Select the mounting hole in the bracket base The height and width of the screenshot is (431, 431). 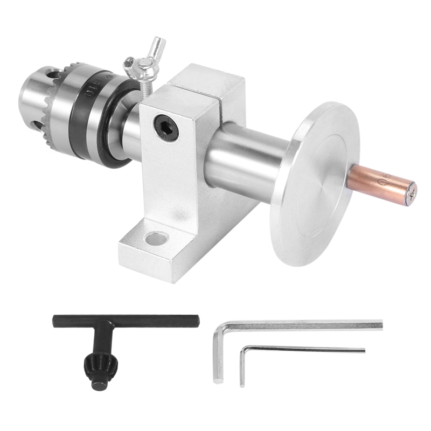pos(157,238)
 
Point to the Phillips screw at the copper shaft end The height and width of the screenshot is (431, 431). pos(411,193)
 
